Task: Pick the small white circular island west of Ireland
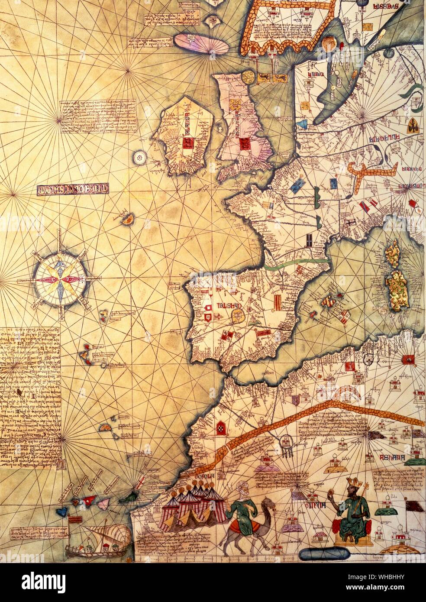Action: point(139,157)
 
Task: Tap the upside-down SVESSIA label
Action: point(385,7)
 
